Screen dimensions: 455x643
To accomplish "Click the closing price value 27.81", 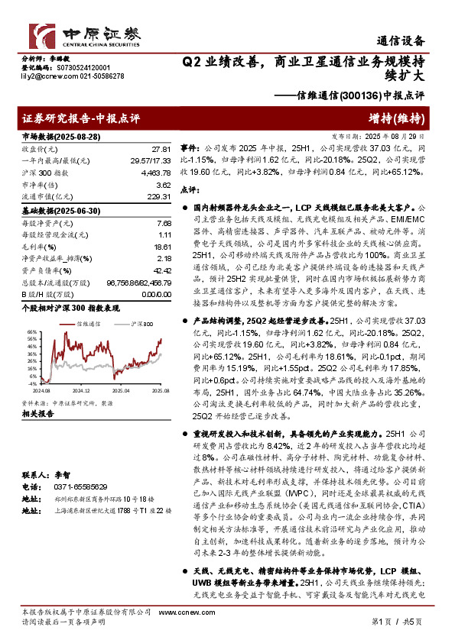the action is (161, 149).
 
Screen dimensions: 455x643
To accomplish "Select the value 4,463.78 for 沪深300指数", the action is (155, 174).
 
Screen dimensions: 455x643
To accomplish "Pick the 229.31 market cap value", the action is (158, 197).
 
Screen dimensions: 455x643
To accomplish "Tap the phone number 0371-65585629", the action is (73, 486).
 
